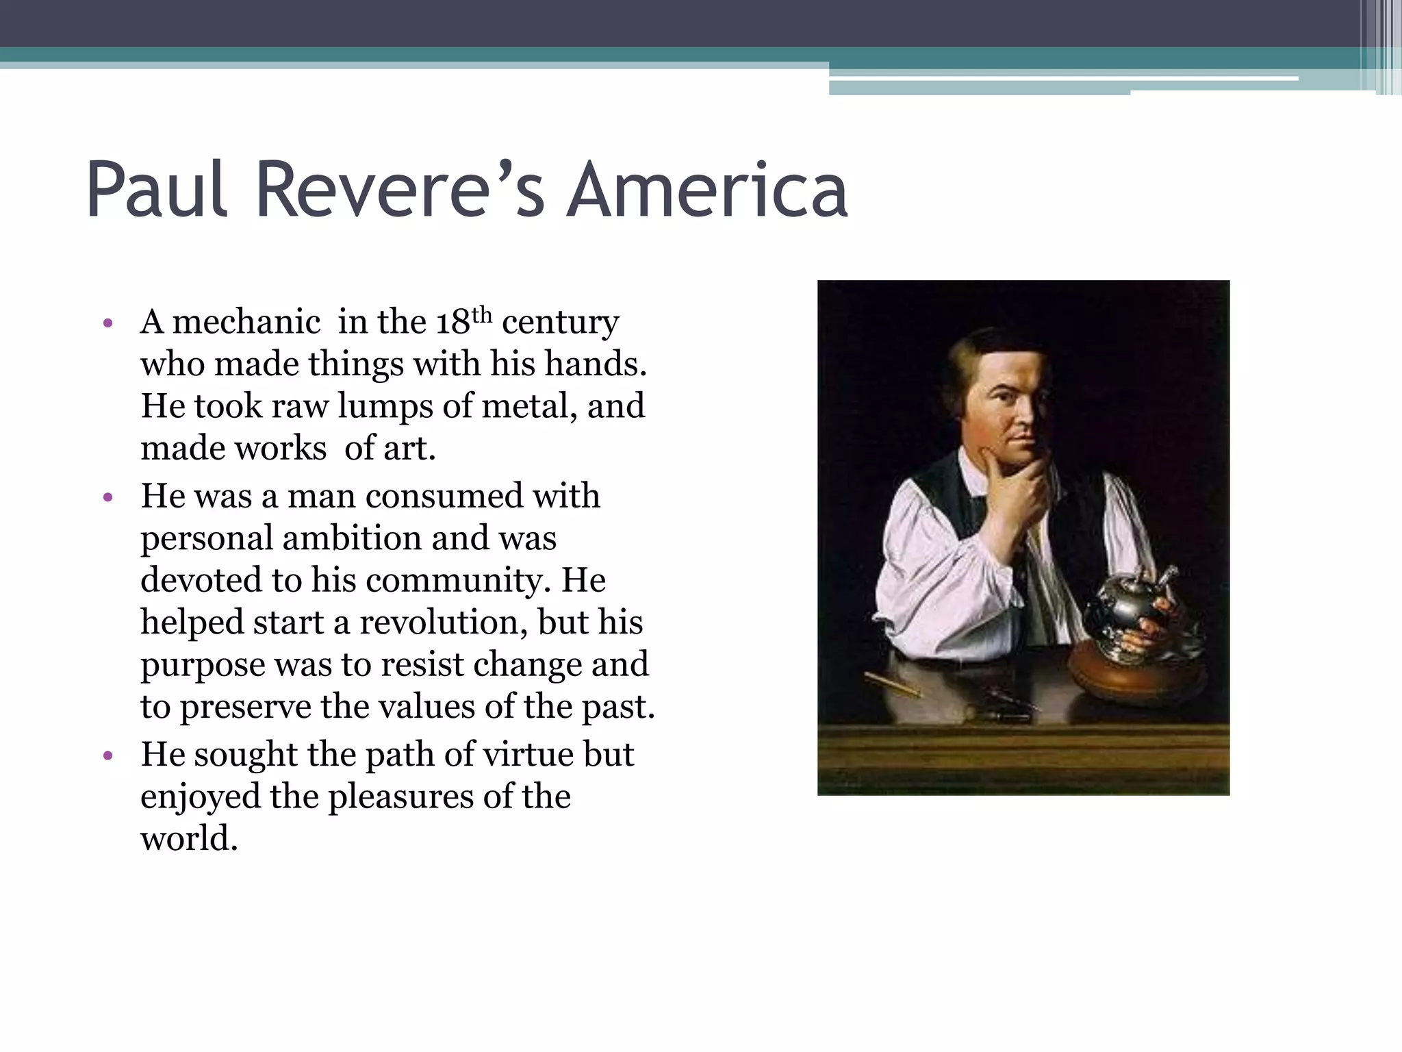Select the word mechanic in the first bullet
pos(246,322)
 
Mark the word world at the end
pos(188,839)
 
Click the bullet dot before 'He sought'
pos(107,757)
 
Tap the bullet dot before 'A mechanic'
pos(107,323)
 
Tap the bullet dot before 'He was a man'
pos(107,498)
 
